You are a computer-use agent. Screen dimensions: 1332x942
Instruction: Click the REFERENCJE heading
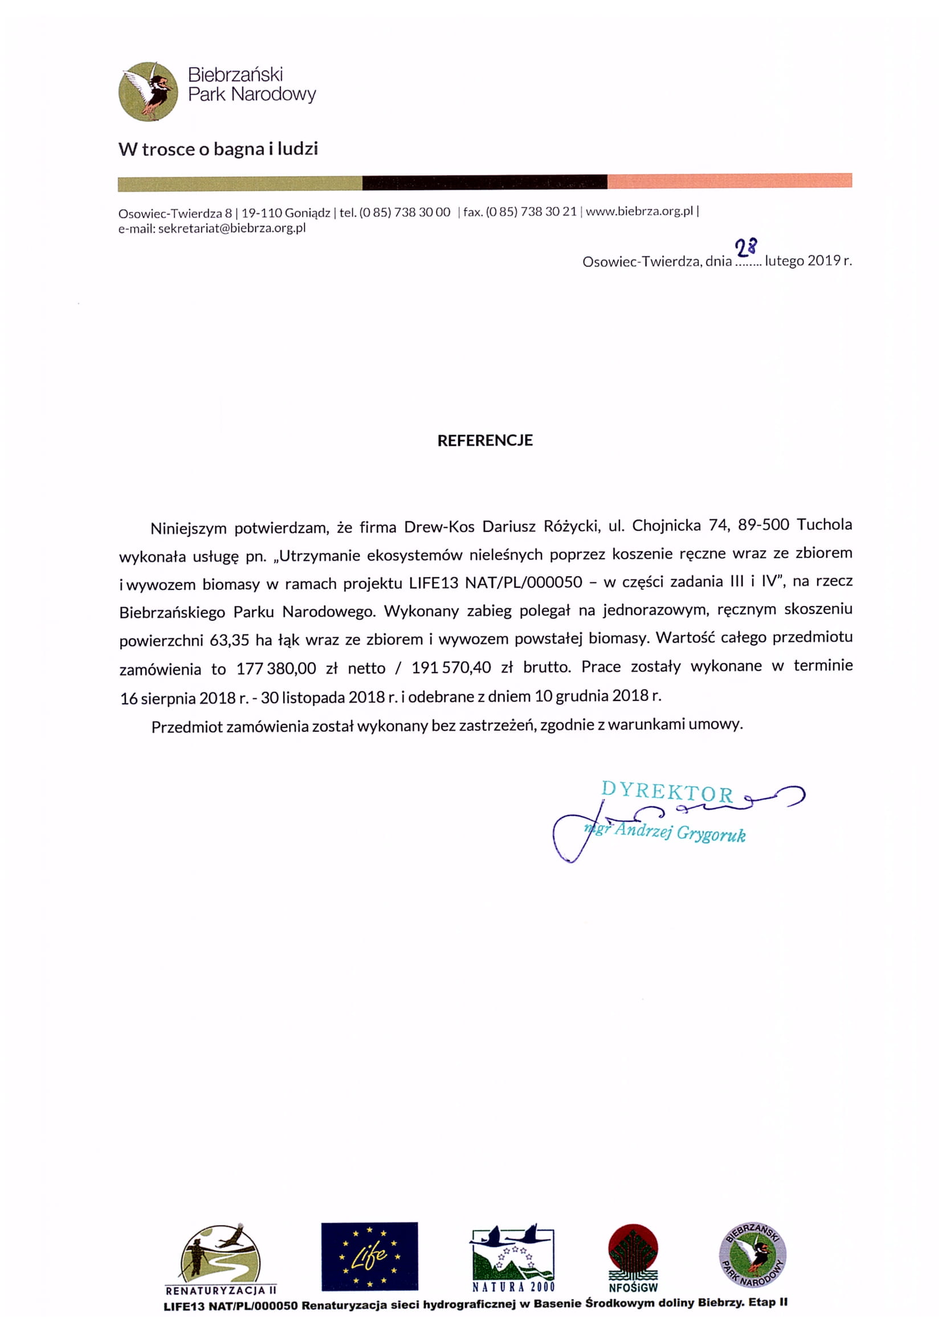484,440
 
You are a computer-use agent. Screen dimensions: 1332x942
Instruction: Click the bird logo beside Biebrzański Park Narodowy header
148,91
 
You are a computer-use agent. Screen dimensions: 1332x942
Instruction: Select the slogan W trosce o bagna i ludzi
218,149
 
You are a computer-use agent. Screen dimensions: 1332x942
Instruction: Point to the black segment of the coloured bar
484,182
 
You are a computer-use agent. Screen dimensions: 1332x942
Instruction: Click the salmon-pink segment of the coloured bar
729,181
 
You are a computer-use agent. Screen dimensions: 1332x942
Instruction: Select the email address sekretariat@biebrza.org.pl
231,228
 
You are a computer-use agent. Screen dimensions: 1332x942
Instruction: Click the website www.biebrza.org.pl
639,211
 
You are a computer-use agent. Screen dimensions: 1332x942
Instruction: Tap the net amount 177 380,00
276,669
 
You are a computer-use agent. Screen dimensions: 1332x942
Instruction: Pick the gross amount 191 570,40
451,667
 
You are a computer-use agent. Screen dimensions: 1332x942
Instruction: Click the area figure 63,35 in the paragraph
229,640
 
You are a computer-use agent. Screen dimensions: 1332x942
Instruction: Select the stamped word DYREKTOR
667,792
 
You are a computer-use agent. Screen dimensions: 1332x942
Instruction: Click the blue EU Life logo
369,1256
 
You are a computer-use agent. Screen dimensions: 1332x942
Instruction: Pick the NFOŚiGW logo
633,1257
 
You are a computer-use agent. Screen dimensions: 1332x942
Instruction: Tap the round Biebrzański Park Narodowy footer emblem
752,1254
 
